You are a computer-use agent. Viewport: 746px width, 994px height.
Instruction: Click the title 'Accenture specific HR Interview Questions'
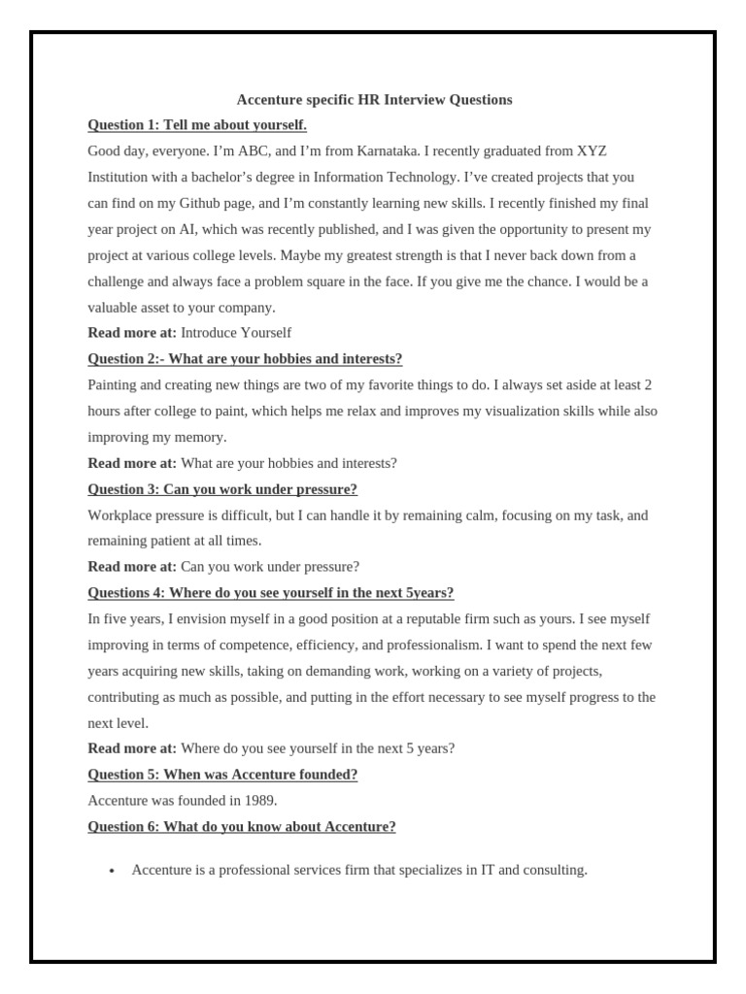[374, 99]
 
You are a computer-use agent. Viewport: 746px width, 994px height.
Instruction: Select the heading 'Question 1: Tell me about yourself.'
[197, 125]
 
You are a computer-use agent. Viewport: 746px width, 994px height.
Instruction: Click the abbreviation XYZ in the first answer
[592, 151]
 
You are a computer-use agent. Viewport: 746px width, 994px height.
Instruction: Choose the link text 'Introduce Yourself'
[236, 333]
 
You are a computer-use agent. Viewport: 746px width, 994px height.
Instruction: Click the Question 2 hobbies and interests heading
[245, 359]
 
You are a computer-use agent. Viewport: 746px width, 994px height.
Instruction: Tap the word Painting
[115, 385]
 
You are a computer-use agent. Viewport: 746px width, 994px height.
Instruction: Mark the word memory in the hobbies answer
[201, 437]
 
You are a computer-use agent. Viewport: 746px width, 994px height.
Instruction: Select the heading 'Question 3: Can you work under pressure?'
[222, 489]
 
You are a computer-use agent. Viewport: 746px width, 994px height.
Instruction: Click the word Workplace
[119, 515]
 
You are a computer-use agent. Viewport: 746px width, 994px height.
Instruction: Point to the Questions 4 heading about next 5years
[271, 593]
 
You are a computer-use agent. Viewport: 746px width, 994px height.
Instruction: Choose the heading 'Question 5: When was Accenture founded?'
[222, 775]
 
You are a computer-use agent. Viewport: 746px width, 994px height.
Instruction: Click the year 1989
[260, 801]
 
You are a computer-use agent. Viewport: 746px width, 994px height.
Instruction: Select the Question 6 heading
[242, 827]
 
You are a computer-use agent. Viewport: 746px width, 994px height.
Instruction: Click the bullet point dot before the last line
[112, 872]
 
